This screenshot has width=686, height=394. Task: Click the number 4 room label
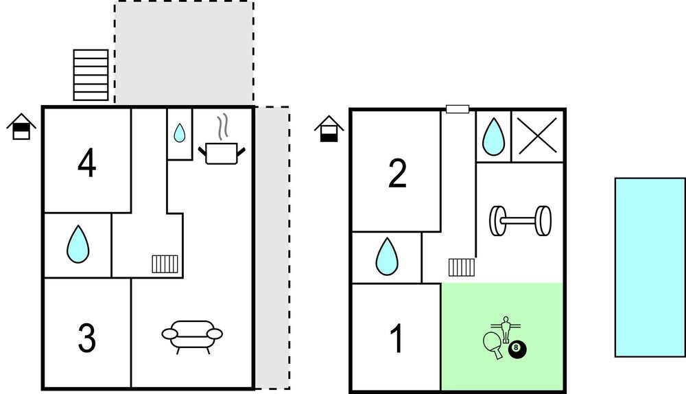[86, 163]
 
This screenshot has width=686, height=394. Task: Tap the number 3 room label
[86, 338]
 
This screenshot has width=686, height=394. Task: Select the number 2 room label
[397, 174]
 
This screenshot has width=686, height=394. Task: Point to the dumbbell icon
[520, 220]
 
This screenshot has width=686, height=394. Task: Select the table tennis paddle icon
[493, 345]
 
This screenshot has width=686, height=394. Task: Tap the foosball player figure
[506, 329]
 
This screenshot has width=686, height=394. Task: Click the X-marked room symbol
[538, 137]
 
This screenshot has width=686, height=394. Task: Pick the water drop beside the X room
[493, 137]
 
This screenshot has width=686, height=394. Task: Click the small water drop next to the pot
[179, 133]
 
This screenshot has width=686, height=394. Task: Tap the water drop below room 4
[78, 244]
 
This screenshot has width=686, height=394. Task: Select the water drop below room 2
[387, 256]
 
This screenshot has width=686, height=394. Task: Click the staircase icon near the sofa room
[165, 264]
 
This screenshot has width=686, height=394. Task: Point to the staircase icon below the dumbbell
[462, 268]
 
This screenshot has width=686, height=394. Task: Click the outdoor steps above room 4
[91, 75]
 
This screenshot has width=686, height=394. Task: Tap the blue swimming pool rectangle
[650, 268]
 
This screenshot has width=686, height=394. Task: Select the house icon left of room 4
[21, 126]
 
